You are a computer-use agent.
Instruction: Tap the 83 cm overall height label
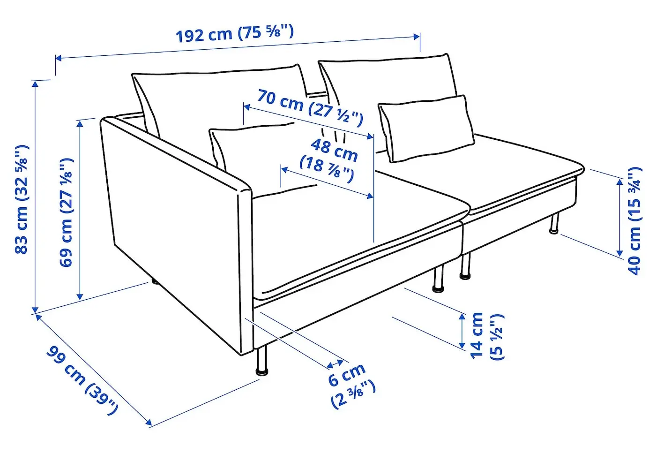[22, 199]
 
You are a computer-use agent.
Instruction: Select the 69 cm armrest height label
[66, 212]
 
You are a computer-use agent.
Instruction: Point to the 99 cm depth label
[82, 381]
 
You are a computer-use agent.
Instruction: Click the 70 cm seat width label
[310, 108]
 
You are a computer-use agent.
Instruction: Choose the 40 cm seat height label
[634, 221]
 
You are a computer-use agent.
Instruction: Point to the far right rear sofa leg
[554, 223]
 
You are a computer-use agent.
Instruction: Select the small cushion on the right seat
[426, 129]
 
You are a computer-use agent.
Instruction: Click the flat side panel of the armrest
[173, 232]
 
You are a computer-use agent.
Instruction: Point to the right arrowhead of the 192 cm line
[417, 37]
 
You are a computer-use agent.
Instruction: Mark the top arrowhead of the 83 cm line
[36, 84]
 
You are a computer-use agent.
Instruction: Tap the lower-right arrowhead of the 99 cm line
[149, 422]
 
